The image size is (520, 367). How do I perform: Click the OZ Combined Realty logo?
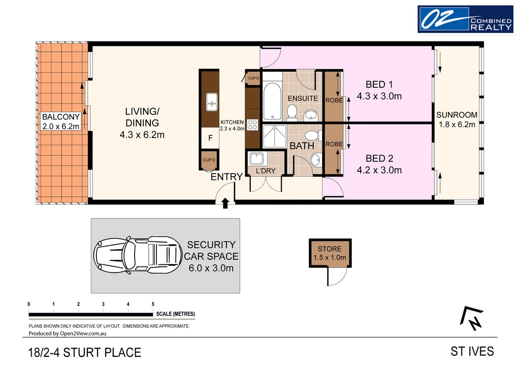(x=465, y=19)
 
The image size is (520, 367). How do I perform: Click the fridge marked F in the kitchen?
(x=210, y=137)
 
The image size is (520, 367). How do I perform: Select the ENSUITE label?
(x=302, y=98)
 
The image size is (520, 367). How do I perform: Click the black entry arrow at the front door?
(x=225, y=203)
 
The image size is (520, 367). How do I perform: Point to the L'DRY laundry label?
(x=265, y=171)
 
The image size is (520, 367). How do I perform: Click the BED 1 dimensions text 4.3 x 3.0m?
(x=379, y=96)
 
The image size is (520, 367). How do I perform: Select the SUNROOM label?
(x=457, y=115)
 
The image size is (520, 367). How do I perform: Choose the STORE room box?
(x=330, y=253)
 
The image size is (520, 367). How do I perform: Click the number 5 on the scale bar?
(x=153, y=304)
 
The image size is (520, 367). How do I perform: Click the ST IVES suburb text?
(x=472, y=351)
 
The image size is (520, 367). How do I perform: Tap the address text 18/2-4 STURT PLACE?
(x=82, y=352)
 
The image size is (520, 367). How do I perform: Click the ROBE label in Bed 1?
(x=334, y=101)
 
